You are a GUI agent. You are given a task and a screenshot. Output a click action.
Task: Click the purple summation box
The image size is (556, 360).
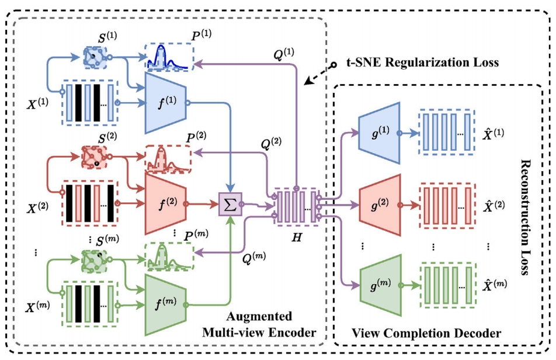pos(228,204)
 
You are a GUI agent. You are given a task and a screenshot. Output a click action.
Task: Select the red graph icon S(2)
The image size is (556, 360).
pos(92,156)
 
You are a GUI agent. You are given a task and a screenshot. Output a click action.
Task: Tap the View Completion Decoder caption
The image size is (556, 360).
pos(426,334)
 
